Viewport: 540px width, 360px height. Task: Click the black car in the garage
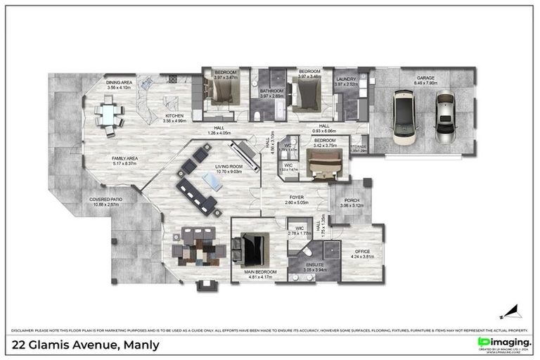point(405,117)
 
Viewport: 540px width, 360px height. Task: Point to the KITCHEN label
point(174,116)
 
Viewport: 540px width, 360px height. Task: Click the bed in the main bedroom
point(252,247)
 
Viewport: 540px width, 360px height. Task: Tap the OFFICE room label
point(362,251)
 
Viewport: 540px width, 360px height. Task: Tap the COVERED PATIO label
point(105,199)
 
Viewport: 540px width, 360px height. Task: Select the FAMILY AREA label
point(124,159)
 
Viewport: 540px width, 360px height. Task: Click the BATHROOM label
point(271,91)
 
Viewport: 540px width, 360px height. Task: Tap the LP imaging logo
point(503,342)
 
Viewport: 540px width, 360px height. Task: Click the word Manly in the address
point(141,345)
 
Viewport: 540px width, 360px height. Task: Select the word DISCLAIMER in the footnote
point(23,330)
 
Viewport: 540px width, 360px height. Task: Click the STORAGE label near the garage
point(359,147)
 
